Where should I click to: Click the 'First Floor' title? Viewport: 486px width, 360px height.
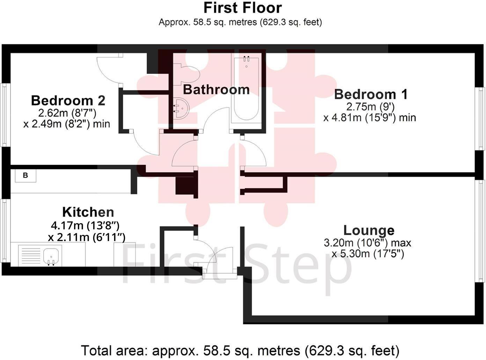point(243,8)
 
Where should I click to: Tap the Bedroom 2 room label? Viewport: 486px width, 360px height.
point(68,100)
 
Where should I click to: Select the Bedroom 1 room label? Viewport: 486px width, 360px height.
point(371,94)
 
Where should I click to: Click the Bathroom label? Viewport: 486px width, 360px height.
point(216,90)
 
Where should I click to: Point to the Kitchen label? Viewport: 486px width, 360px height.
point(88,212)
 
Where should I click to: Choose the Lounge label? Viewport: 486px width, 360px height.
point(369,230)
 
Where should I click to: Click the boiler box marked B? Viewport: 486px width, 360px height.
point(25,175)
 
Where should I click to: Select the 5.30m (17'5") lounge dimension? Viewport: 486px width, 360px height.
point(368,254)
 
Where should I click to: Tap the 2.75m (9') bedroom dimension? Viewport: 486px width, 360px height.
point(370,106)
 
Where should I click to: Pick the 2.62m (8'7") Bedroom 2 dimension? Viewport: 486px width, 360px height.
point(67,113)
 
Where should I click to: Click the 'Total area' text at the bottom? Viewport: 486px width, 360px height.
point(240,350)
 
